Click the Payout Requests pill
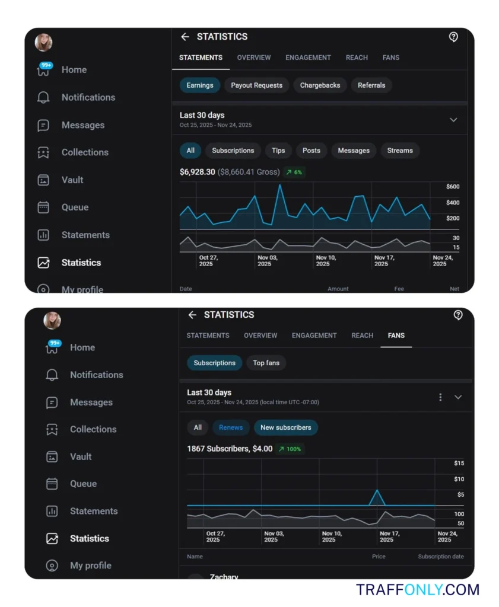pos(256,85)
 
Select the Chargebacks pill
pos(320,85)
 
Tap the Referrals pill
pos(371,85)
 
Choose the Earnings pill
pos(200,85)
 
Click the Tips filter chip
pos(278,151)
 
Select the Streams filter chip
pos(400,151)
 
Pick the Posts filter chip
pos(312,151)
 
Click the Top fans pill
pos(266,363)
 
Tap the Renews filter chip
pos(231,427)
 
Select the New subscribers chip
pos(286,427)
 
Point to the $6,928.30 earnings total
pos(198,172)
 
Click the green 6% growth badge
pos(294,172)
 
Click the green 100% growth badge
pos(291,449)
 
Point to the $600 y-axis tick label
pos(453,187)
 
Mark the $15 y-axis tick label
pos(459,463)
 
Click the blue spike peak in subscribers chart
pos(377,490)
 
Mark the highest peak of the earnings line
pos(279,185)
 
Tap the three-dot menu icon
pos(440,397)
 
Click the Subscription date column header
pos(441,557)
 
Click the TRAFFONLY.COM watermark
pos(418,590)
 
